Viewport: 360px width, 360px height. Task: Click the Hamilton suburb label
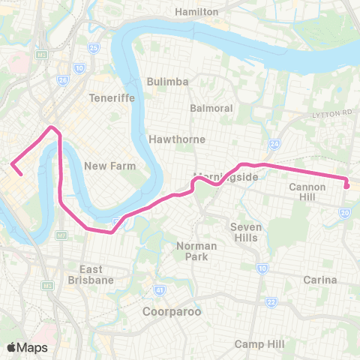(196, 12)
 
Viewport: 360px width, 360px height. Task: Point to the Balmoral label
(211, 108)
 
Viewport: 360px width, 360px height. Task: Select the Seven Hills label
(244, 232)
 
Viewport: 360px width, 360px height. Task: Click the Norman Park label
(196, 251)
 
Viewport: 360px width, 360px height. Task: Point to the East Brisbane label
(96, 274)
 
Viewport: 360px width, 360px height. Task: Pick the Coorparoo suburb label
(172, 310)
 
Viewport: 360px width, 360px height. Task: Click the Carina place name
(321, 279)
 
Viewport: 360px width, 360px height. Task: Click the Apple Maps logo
(27, 347)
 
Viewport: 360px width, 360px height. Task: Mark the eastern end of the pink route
(347, 185)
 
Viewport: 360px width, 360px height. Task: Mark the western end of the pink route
(20, 175)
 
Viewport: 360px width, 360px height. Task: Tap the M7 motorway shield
(61, 236)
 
